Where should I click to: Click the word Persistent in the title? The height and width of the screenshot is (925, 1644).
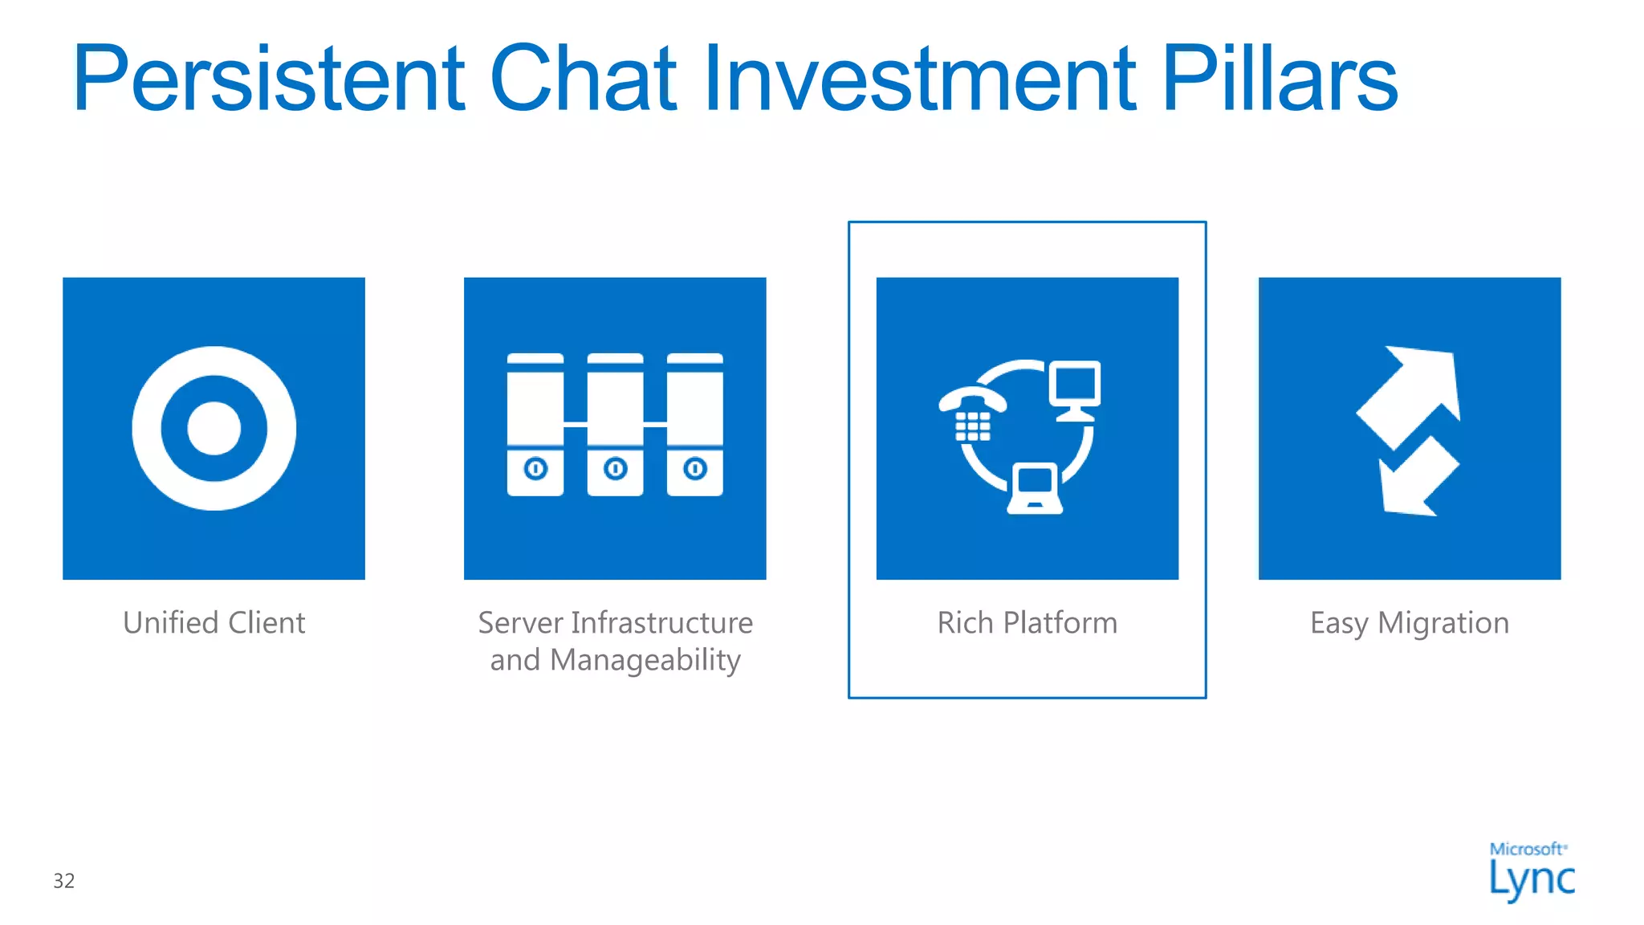[269, 79]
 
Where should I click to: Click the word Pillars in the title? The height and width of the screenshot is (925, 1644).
[1280, 79]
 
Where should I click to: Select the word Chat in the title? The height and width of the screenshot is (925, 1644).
[583, 79]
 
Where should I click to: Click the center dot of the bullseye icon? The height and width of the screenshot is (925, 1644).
[214, 428]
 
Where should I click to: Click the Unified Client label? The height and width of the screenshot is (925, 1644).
[214, 623]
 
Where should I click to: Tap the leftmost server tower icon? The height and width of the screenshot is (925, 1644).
[535, 424]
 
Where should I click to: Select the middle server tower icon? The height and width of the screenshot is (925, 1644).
[615, 424]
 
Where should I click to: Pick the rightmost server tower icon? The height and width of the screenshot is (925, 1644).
[695, 424]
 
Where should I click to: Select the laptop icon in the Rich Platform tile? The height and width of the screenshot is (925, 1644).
[1035, 488]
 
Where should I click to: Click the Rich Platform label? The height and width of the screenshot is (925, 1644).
[1027, 623]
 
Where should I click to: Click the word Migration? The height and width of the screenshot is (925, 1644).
[1443, 623]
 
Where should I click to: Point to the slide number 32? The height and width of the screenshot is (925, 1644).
[64, 881]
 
